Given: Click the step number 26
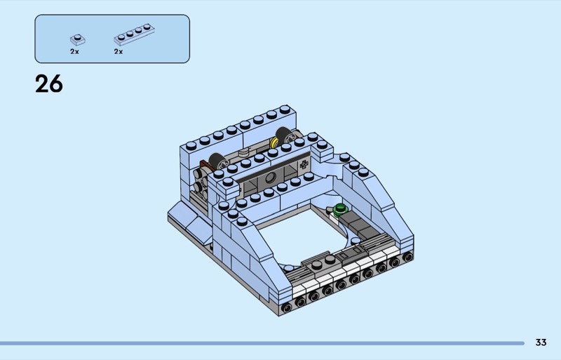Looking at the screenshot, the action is [x=49, y=84].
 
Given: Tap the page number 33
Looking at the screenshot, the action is [x=541, y=342].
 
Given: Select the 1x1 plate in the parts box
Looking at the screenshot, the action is [x=78, y=39].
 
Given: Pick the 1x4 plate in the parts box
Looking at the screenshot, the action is [x=134, y=34].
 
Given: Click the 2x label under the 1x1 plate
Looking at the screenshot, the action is [x=74, y=52].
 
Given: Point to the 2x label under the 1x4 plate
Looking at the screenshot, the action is [x=119, y=52].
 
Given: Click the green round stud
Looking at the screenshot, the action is [x=340, y=208].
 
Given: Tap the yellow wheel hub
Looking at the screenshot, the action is [x=274, y=142].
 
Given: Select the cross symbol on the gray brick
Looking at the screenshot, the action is [x=304, y=164].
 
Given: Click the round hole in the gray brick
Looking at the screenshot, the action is [x=271, y=178].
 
